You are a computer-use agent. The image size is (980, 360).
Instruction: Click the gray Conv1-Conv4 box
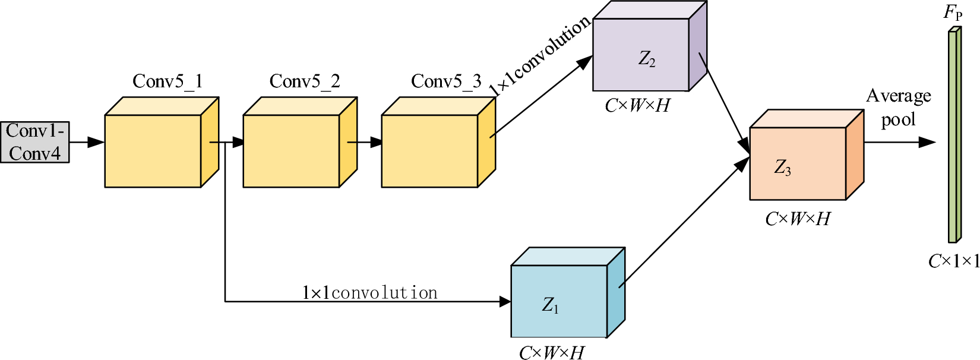pos(34,142)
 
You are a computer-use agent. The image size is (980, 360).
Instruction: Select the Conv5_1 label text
pos(167,81)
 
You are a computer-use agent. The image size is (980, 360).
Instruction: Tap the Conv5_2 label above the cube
pos(305,81)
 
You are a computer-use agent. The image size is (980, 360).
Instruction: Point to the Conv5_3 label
pos(446,81)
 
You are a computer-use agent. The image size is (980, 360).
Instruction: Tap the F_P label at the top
pos(953,13)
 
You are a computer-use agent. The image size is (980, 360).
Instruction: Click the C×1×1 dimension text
pos(953,261)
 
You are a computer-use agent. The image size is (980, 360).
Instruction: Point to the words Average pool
pos(898,108)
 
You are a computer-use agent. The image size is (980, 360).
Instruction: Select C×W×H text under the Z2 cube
pos(637,106)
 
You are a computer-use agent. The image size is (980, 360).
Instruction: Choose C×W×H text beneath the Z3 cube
pos(798,219)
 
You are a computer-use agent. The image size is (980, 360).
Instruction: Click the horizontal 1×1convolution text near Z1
pos(369,293)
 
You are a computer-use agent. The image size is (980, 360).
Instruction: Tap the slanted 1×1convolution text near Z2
pos(540,55)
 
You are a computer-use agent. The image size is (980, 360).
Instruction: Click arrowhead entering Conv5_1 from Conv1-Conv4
pos(96,142)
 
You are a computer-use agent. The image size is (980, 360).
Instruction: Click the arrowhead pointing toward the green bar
pos(927,142)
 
